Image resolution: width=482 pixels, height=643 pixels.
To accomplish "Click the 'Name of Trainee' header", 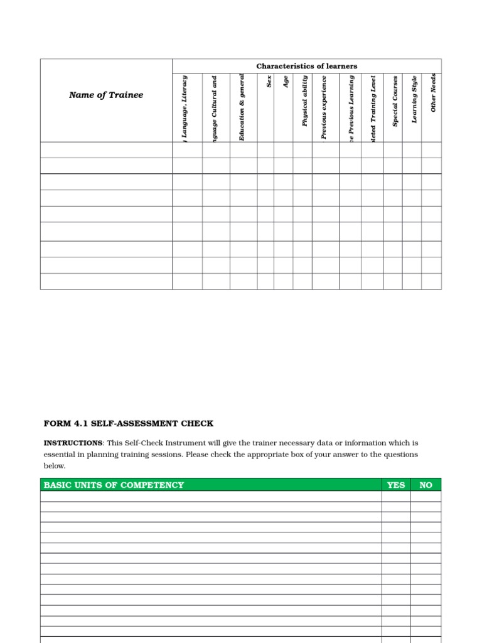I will (106, 95).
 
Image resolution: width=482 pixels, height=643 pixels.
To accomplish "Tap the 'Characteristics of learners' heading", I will (306, 66).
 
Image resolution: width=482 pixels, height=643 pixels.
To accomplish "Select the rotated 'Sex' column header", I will (269, 82).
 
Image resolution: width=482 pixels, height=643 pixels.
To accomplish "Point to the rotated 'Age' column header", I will (286, 82).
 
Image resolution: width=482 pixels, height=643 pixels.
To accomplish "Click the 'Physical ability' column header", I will (305, 101).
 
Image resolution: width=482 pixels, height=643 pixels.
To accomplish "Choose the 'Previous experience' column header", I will (324, 107).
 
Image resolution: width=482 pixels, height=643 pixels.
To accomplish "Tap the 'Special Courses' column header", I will (395, 101).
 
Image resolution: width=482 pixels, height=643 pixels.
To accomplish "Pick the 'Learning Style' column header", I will (414, 100).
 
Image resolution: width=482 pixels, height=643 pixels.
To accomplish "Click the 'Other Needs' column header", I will (433, 93).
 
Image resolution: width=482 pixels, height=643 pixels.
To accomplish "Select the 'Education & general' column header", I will (243, 107).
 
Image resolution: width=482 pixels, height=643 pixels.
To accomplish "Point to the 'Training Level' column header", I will (373, 107).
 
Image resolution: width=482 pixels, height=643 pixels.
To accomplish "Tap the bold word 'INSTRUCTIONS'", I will (72, 443).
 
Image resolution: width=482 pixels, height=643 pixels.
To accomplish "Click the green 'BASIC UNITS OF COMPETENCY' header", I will (114, 485).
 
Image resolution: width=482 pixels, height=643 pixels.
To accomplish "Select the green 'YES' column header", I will (396, 485).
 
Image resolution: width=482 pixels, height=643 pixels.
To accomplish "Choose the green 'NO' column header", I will (426, 485).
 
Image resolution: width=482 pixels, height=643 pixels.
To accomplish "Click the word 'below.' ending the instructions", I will (54, 466).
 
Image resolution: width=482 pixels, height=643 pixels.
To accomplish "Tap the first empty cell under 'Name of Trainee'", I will (106, 149).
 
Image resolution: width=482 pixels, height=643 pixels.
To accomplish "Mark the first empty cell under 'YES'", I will (396, 496).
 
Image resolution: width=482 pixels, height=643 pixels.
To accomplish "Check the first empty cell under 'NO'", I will (426, 496).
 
